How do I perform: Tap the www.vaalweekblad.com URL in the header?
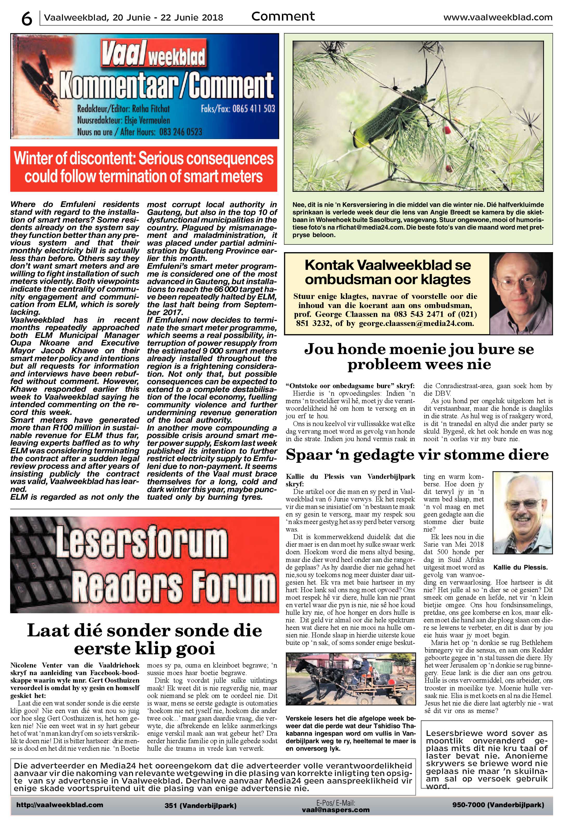(497, 17)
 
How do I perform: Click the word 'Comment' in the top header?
(283, 16)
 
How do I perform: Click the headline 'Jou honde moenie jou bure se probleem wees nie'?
(418, 357)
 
